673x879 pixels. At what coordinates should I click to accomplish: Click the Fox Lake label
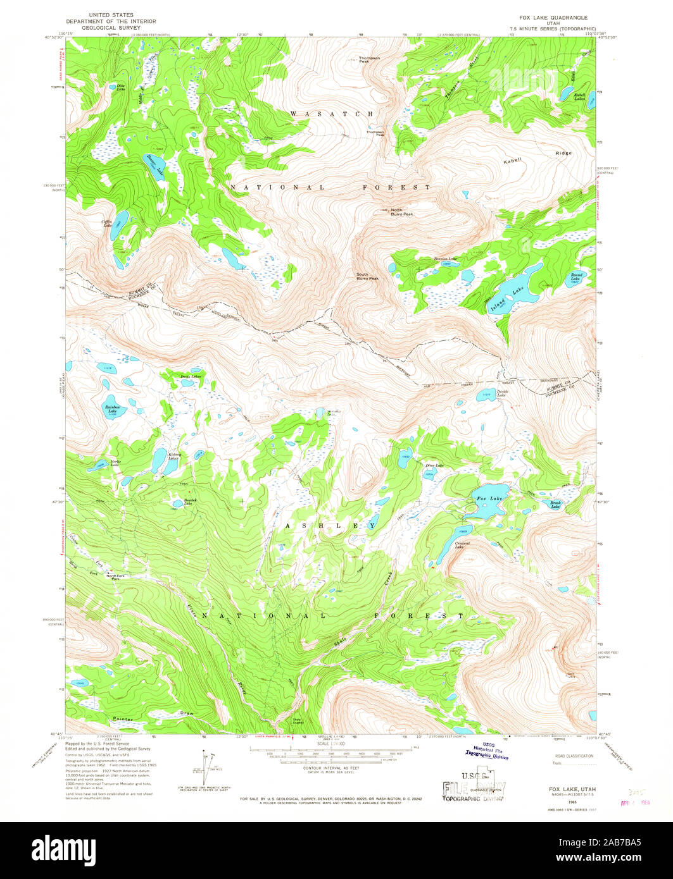(489, 500)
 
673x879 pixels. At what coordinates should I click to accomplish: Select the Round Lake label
(576, 276)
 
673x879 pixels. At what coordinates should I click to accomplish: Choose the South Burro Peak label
(367, 276)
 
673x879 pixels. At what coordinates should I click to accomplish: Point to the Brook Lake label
(555, 505)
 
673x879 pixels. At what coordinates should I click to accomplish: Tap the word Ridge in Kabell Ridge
(563, 153)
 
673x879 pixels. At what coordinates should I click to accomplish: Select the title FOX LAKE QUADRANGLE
(553, 18)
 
